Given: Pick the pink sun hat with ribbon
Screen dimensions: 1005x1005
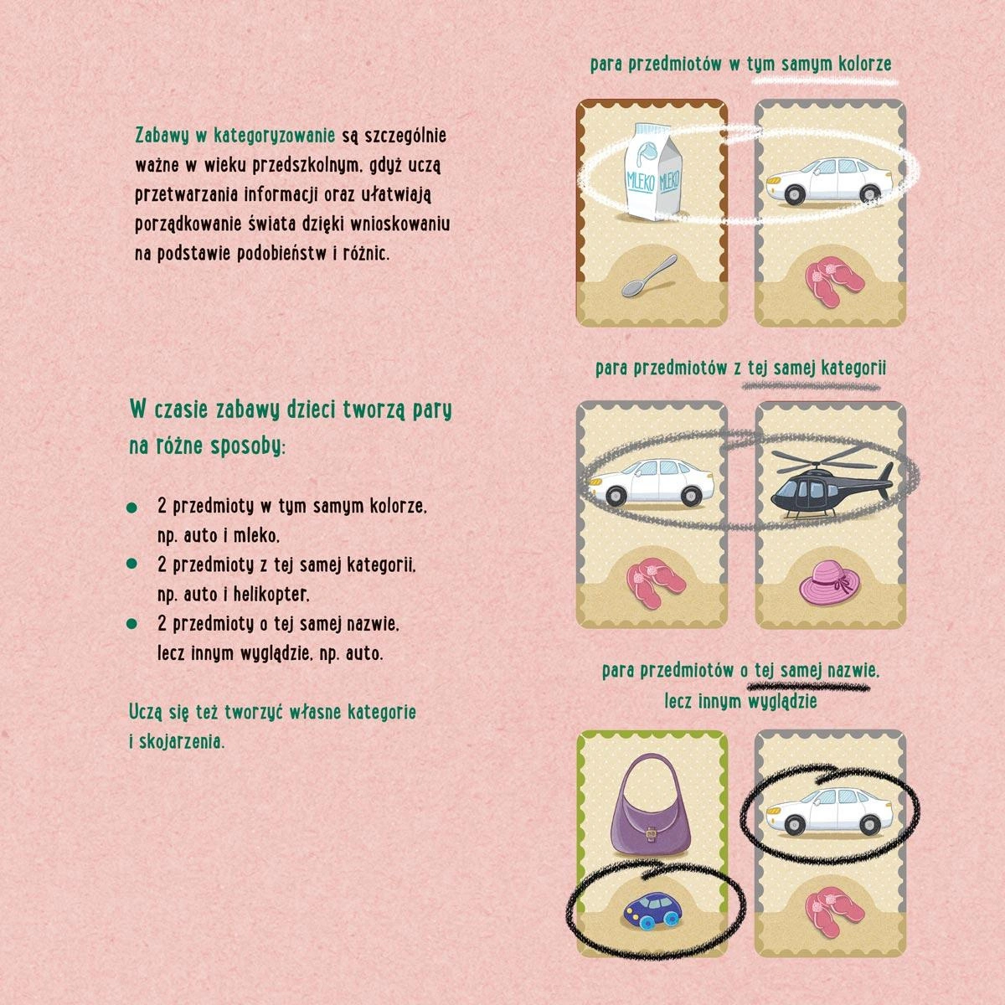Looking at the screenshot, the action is (x=829, y=583).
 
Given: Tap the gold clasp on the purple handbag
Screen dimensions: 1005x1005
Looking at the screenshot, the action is (x=651, y=836).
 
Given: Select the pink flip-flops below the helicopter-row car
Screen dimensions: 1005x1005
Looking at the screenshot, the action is (x=652, y=584).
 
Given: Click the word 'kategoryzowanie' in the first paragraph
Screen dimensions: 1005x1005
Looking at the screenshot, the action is (x=275, y=136).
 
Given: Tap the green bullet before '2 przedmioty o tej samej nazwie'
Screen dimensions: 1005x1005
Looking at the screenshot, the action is (x=132, y=623).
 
